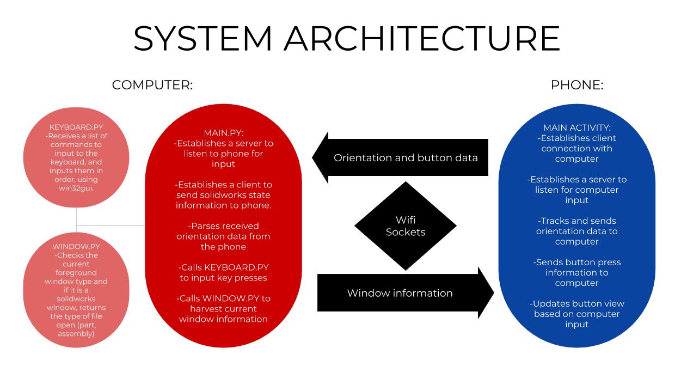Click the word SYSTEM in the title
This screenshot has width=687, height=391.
(203, 38)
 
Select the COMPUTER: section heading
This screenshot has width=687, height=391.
(152, 85)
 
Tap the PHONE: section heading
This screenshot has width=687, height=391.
(577, 85)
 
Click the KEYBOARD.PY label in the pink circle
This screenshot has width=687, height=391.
(76, 127)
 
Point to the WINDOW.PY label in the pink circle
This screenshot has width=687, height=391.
(76, 246)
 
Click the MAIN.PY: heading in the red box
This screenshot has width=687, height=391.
(223, 133)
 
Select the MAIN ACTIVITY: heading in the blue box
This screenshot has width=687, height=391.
(577, 128)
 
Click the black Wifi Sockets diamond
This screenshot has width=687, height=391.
(406, 226)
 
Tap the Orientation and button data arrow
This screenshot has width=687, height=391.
(406, 158)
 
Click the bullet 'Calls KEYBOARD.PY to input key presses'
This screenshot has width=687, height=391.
(223, 273)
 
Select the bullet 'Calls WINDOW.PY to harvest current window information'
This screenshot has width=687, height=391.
(223, 309)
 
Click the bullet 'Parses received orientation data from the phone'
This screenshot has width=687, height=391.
(223, 236)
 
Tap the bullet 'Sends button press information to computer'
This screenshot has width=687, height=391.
(577, 272)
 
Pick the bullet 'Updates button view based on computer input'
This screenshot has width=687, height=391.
(577, 314)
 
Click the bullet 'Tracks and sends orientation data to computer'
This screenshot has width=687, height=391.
(577, 231)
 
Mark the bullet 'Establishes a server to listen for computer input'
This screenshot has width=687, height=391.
(577, 190)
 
